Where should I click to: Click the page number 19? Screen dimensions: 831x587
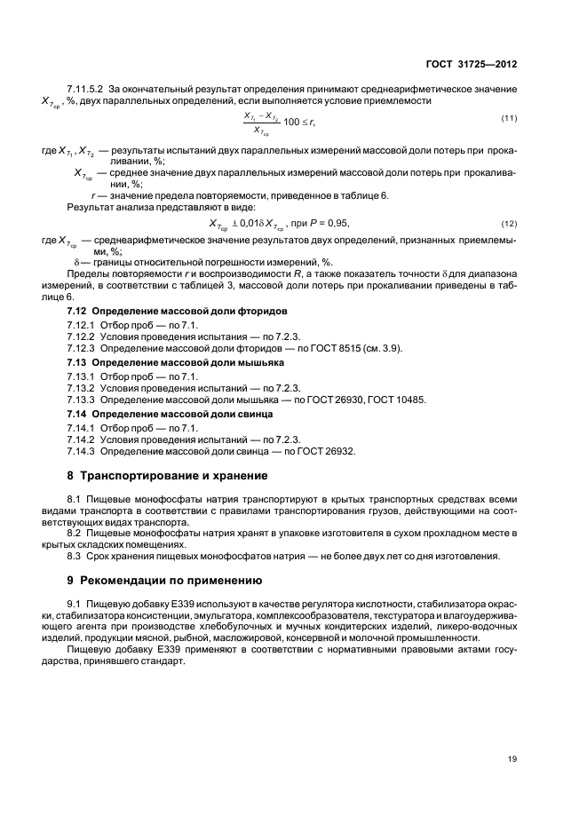click(512, 760)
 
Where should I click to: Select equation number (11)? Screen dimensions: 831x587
click(510, 119)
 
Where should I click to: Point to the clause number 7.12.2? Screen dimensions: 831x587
click(81, 336)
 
